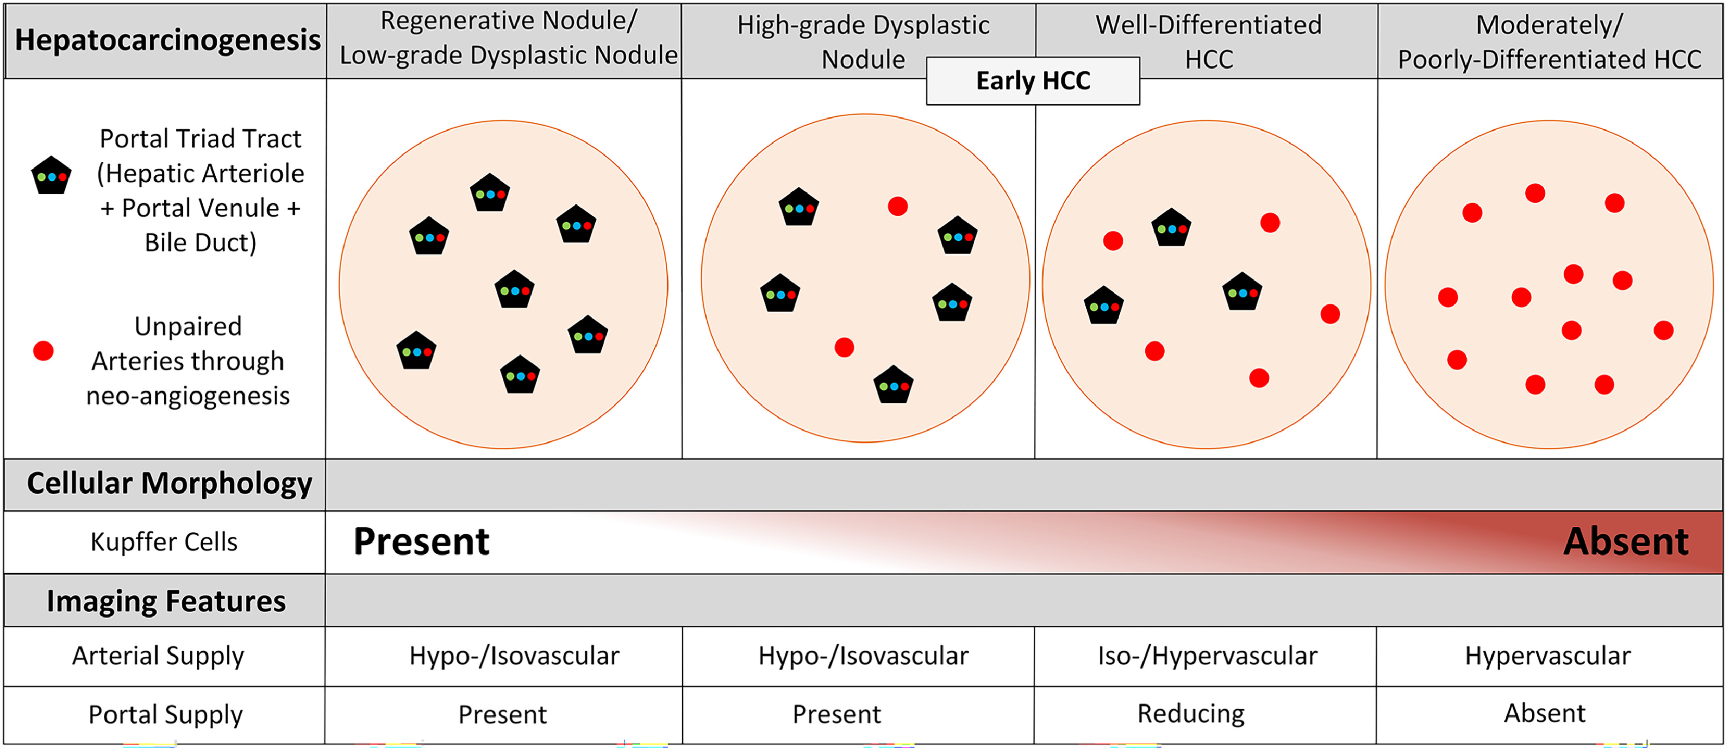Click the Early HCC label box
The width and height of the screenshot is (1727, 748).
[x=1032, y=81]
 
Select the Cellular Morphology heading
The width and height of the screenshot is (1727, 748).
[x=169, y=483]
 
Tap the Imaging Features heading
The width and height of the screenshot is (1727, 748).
[x=166, y=601]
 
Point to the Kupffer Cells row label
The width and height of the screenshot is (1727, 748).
[x=164, y=542]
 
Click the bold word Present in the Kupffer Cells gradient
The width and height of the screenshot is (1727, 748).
[x=421, y=542]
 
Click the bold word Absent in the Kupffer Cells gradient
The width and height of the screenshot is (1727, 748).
[x=1625, y=542]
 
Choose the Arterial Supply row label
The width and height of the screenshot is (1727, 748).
[x=158, y=656]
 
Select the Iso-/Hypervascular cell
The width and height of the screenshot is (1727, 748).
[x=1207, y=656]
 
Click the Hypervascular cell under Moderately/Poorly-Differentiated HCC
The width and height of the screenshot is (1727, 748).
[x=1547, y=656]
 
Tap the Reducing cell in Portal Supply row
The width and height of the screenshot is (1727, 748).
[x=1191, y=714]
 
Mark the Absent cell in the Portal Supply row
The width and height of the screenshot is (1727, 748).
[x=1545, y=713]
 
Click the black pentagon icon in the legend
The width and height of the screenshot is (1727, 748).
[x=51, y=176]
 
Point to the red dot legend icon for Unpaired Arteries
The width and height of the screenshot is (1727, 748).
[x=43, y=351]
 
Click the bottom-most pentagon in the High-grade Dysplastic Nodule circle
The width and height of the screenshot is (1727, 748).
[x=893, y=385]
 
